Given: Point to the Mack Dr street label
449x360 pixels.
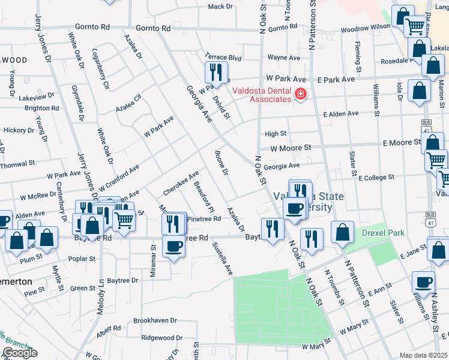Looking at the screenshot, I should tap(220, 7).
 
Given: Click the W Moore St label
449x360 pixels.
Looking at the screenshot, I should tap(291, 148).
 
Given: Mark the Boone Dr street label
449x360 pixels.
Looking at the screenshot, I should tap(221, 164).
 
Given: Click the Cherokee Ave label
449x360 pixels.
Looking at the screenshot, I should tap(181, 184).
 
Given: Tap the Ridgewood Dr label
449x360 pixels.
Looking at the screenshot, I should tap(161, 338).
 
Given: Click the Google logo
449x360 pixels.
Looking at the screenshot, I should tap(20, 353).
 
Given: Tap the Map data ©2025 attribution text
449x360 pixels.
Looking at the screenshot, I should tap(423, 355).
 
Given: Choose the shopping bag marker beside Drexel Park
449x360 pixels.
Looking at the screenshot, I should tap(341, 233).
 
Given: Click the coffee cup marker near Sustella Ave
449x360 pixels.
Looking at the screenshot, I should tap(173, 247).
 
